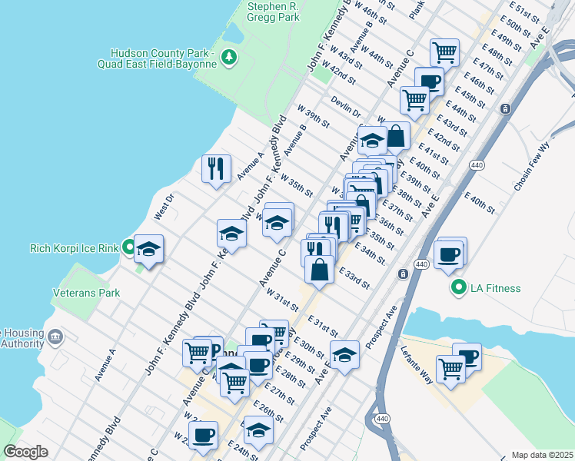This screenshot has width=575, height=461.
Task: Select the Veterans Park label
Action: point(87,293)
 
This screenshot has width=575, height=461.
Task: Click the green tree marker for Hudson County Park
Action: point(228,56)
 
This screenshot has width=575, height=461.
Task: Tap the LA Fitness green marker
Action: point(459,288)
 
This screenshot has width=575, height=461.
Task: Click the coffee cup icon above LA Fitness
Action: point(450,254)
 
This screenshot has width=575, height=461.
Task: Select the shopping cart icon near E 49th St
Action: point(444,52)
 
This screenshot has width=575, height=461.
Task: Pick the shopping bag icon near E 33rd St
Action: point(319,270)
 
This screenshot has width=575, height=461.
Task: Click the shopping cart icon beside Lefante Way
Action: point(450,369)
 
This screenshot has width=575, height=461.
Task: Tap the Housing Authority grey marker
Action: point(55,337)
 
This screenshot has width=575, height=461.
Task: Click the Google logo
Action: point(25,451)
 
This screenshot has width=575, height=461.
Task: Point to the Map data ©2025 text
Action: point(541,455)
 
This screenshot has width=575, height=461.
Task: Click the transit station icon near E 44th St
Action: point(504,109)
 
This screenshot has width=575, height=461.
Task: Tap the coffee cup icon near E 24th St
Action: point(204,436)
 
